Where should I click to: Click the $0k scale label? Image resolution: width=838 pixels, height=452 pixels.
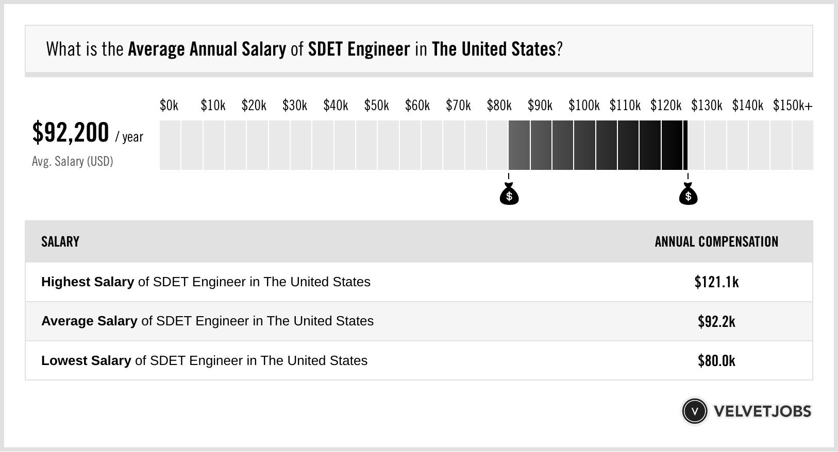point(169,106)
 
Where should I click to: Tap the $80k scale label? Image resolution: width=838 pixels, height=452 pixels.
point(499,106)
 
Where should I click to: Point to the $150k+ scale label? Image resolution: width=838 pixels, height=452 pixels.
point(792,106)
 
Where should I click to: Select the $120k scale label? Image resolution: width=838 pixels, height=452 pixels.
point(665,106)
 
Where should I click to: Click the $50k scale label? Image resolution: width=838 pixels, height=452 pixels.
point(376,106)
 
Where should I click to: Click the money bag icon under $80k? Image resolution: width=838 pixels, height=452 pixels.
point(509,195)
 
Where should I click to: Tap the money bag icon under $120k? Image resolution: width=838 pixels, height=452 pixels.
point(688,195)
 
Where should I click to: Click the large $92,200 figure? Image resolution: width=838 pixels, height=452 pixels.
point(71,133)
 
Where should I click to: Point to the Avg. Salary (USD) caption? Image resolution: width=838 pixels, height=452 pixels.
point(72,162)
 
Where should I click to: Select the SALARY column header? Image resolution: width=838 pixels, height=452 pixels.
point(60,242)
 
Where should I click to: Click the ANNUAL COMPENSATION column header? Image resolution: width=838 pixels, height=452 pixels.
point(716,242)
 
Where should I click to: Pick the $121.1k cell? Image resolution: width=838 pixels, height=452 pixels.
point(716,282)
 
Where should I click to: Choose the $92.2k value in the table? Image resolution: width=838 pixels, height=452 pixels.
point(716,322)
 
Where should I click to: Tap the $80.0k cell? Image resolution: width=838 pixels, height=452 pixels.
point(716,361)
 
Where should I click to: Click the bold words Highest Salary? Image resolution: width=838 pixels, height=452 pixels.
point(87,282)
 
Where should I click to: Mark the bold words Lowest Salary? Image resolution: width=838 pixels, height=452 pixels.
point(86,361)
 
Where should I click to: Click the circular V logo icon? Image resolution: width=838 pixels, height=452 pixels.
point(694,411)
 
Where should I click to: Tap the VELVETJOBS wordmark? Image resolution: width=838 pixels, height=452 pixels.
point(762,411)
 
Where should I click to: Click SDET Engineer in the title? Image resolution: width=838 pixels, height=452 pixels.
point(359,49)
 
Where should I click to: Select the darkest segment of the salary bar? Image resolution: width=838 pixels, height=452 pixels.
point(672,145)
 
